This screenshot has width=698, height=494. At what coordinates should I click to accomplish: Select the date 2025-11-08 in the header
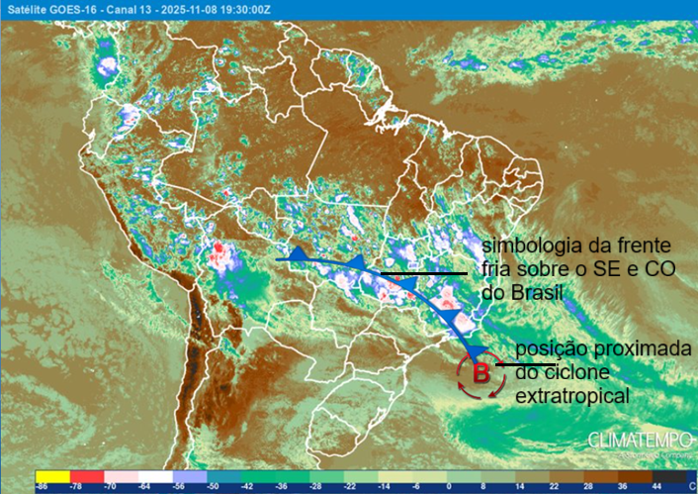[x=185, y=9]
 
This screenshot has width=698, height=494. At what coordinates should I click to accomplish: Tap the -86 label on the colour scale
[x=43, y=487]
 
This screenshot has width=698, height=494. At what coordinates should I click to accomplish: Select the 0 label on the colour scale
[x=450, y=487]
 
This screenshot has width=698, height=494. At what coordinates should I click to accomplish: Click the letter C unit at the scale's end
[x=690, y=487]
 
